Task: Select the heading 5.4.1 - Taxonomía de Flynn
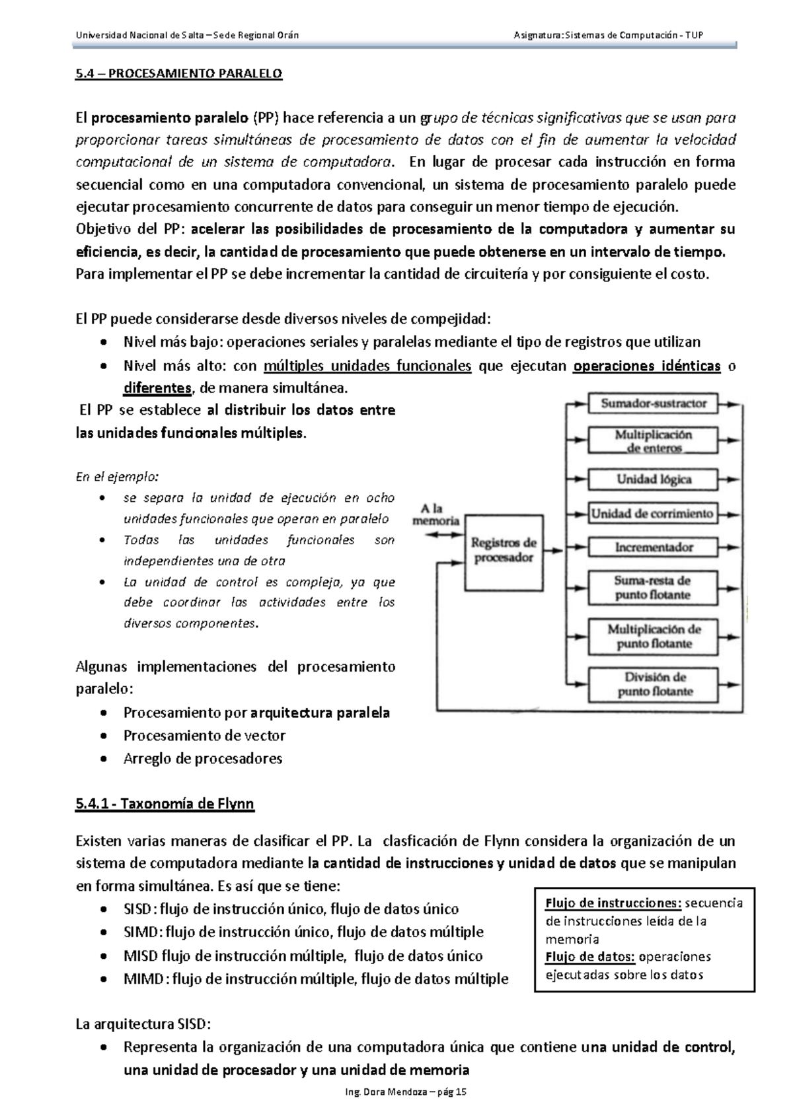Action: (x=165, y=804)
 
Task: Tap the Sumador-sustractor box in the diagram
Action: (x=653, y=403)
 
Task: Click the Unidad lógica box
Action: (x=653, y=479)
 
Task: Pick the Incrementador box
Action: (x=653, y=547)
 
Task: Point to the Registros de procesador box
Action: (x=503, y=550)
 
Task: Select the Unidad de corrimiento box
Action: (x=653, y=513)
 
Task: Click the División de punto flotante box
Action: (x=653, y=684)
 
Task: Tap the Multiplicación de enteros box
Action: (x=653, y=440)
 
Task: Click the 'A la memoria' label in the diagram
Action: (x=435, y=514)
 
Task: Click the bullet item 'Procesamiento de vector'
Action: (x=204, y=735)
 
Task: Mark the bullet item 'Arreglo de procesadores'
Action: (x=203, y=758)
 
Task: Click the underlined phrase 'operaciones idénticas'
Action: (x=647, y=366)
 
